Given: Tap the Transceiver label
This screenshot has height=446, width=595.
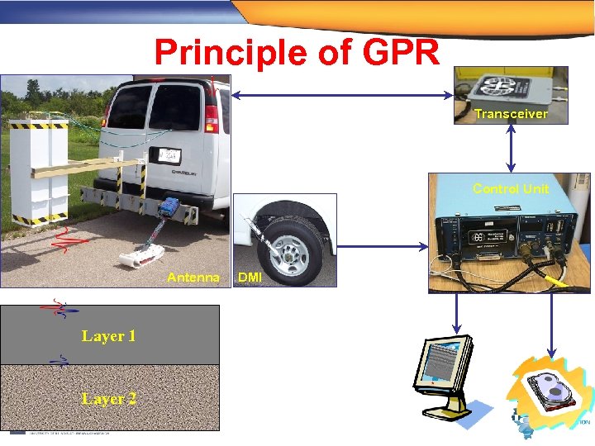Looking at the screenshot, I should click(x=511, y=114).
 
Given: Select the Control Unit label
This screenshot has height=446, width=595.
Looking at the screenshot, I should click(x=511, y=188).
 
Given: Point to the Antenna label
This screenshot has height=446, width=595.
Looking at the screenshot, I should click(x=193, y=278).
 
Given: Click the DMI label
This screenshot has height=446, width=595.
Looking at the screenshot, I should click(x=250, y=278).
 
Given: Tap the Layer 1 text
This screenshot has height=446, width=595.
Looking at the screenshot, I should click(x=108, y=336).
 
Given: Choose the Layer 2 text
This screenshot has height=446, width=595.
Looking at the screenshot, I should click(x=108, y=399).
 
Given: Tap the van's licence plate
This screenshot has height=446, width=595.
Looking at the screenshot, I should click(x=169, y=154).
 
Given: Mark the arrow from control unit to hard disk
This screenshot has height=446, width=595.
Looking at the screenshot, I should click(x=550, y=322).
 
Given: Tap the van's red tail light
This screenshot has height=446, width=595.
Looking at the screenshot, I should click(x=212, y=116).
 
